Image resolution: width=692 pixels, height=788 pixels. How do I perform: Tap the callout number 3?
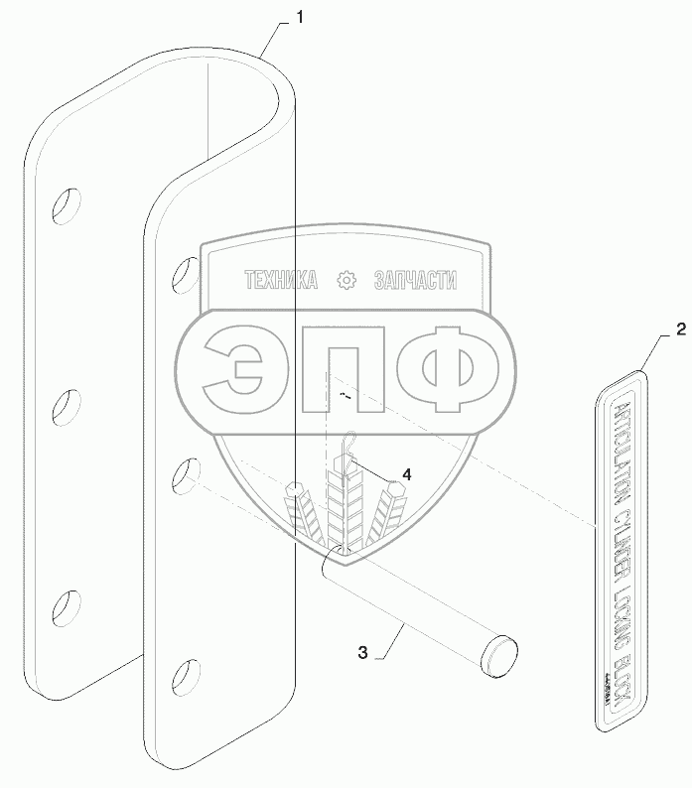(363, 652)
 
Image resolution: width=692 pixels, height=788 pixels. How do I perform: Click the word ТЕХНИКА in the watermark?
(281, 281)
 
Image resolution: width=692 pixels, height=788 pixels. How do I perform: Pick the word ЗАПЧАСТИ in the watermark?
(415, 281)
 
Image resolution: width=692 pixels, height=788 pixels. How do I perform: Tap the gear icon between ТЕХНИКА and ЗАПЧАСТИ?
(346, 281)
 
